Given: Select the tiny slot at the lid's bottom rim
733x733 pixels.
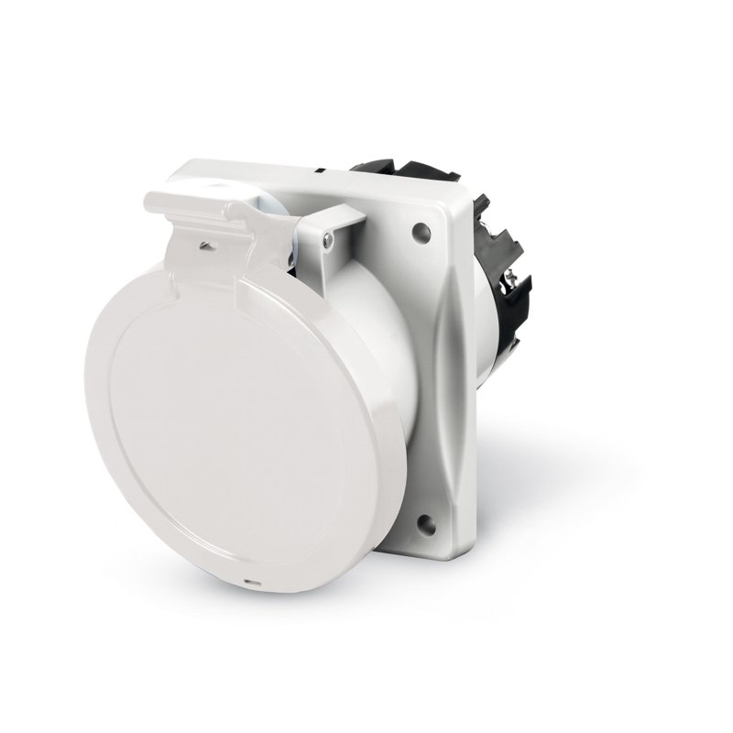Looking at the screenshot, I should click(x=248, y=582).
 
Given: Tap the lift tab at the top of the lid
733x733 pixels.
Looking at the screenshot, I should click(x=188, y=188).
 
